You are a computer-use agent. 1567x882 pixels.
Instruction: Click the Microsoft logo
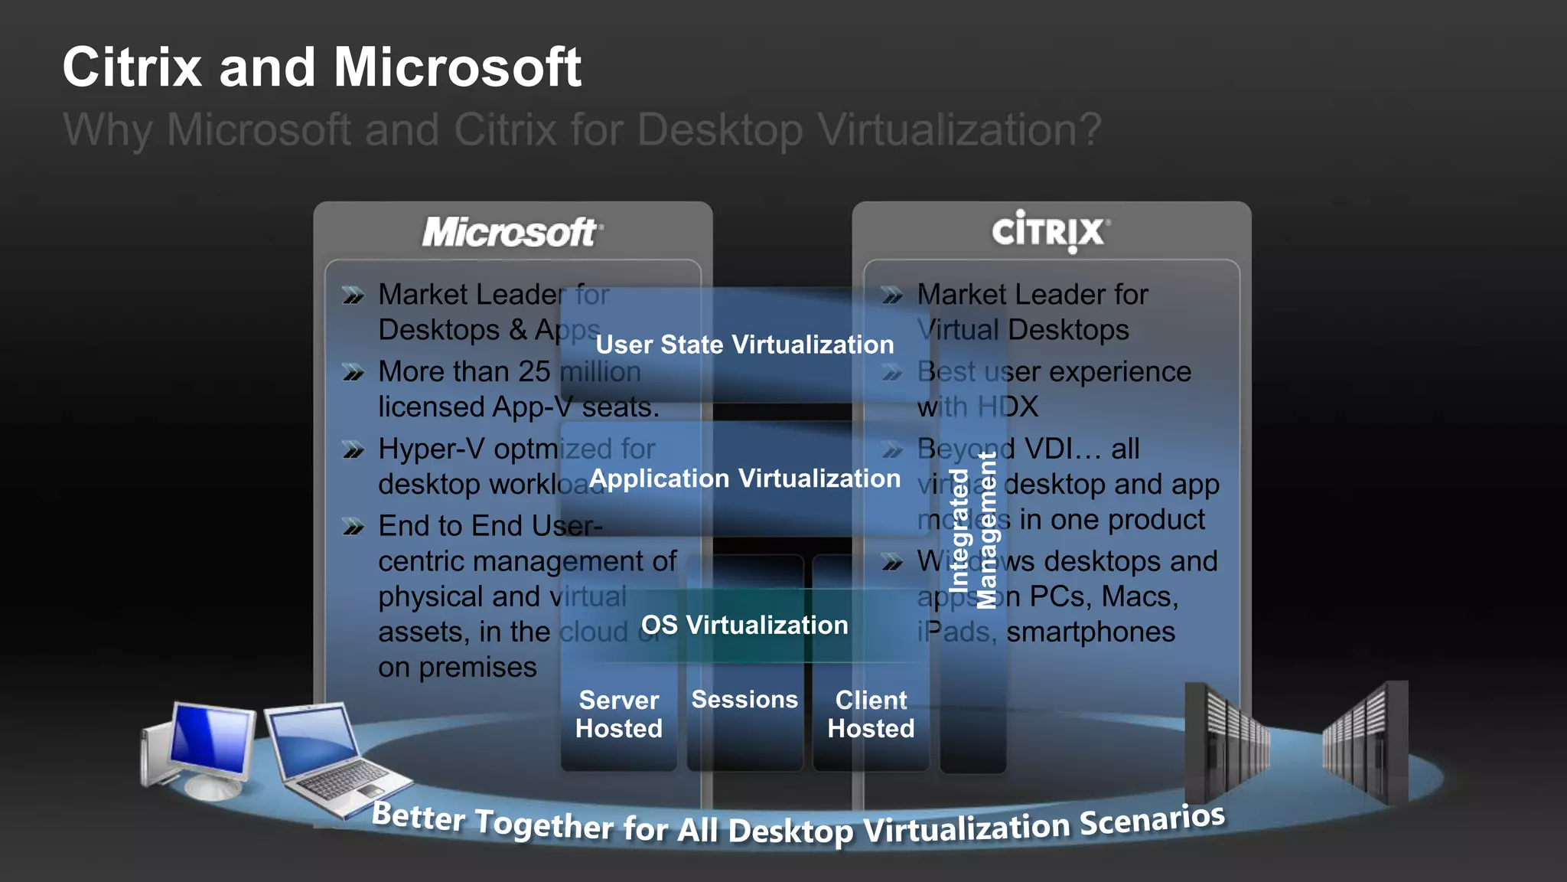click(x=512, y=232)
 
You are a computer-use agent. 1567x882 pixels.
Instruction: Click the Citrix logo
click(x=1050, y=231)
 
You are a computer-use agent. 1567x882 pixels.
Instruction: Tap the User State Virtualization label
click(x=744, y=345)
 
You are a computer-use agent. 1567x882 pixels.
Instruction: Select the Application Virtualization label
click(x=744, y=479)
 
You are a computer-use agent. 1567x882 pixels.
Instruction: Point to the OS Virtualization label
click(x=744, y=625)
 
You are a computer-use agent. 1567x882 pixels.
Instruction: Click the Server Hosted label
click(x=618, y=714)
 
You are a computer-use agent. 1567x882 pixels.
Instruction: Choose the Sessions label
click(x=744, y=699)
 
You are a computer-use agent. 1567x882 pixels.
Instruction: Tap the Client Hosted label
click(x=871, y=714)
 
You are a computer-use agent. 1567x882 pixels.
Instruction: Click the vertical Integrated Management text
click(x=973, y=531)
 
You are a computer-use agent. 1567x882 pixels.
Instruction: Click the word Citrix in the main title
click(x=132, y=67)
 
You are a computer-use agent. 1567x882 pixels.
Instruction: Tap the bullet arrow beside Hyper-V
click(x=353, y=450)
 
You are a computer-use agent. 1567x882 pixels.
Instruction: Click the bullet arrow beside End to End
click(x=353, y=527)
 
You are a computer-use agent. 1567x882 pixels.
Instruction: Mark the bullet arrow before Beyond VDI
click(x=892, y=450)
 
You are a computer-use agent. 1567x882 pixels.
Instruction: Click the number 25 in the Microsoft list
click(x=534, y=371)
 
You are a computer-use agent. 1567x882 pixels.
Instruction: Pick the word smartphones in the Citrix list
click(x=1090, y=632)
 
